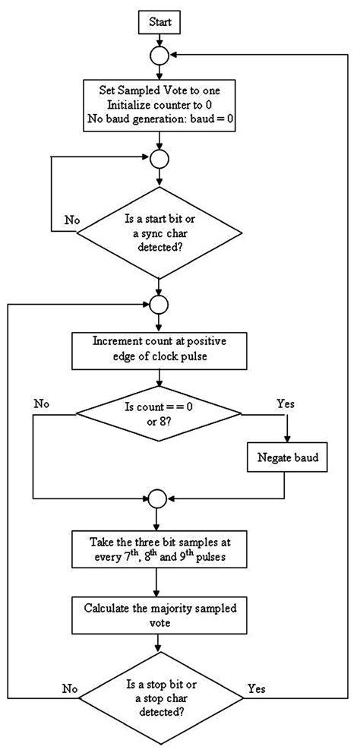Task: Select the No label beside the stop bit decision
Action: click(x=69, y=688)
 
